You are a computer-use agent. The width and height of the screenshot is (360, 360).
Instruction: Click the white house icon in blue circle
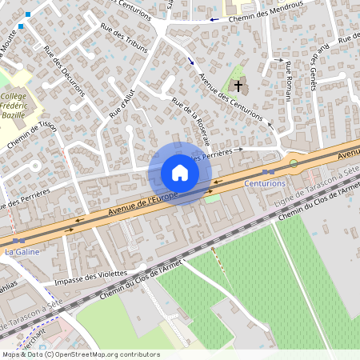pyautogui.click(x=180, y=173)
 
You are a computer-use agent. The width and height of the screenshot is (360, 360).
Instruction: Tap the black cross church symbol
pyautogui.click(x=238, y=84)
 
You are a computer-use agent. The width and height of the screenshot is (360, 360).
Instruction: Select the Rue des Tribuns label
pyautogui.click(x=125, y=38)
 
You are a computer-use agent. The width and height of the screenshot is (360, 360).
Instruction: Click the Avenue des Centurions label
pyautogui.click(x=230, y=95)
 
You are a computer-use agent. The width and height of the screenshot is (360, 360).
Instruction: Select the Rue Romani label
pyautogui.click(x=286, y=80)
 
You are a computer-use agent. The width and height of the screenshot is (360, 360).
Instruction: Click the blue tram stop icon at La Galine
pyautogui.click(x=18, y=240)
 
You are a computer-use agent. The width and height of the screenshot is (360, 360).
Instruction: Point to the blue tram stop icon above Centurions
pyautogui.click(x=269, y=171)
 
